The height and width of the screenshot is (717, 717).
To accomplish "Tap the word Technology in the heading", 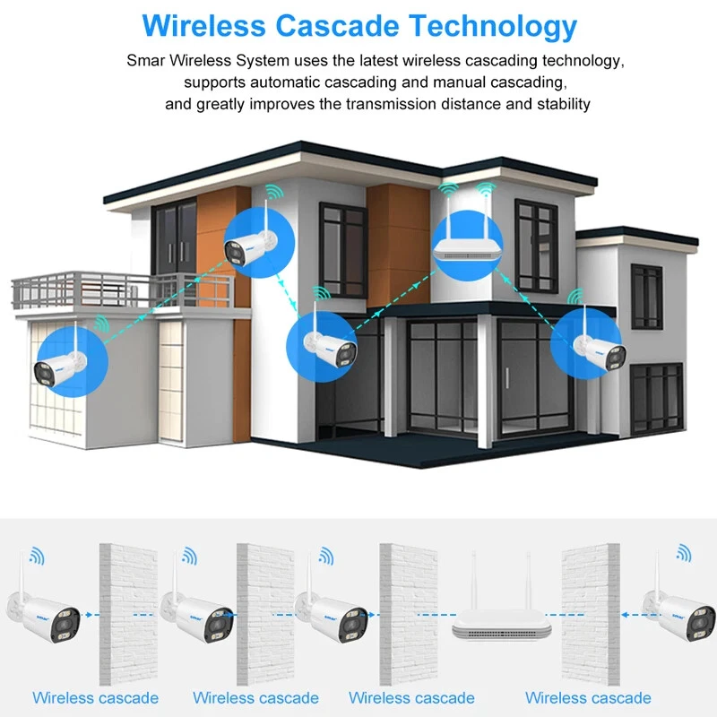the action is [496, 26].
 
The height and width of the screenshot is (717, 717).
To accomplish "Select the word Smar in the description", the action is [146, 62].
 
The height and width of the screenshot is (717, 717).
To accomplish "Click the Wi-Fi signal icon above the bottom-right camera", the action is [684, 552].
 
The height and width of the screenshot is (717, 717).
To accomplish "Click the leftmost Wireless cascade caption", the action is [95, 697].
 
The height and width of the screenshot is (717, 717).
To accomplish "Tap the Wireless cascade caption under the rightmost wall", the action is [588, 697].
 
